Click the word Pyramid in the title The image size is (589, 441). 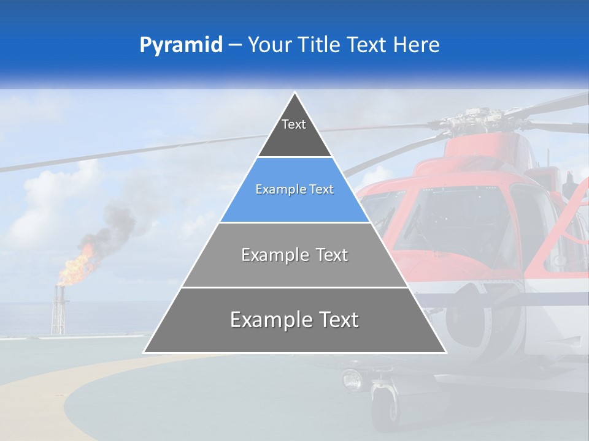(181, 45)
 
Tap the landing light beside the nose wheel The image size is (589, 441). (353, 380)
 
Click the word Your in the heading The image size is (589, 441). (268, 45)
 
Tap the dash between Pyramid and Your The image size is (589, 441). (234, 45)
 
